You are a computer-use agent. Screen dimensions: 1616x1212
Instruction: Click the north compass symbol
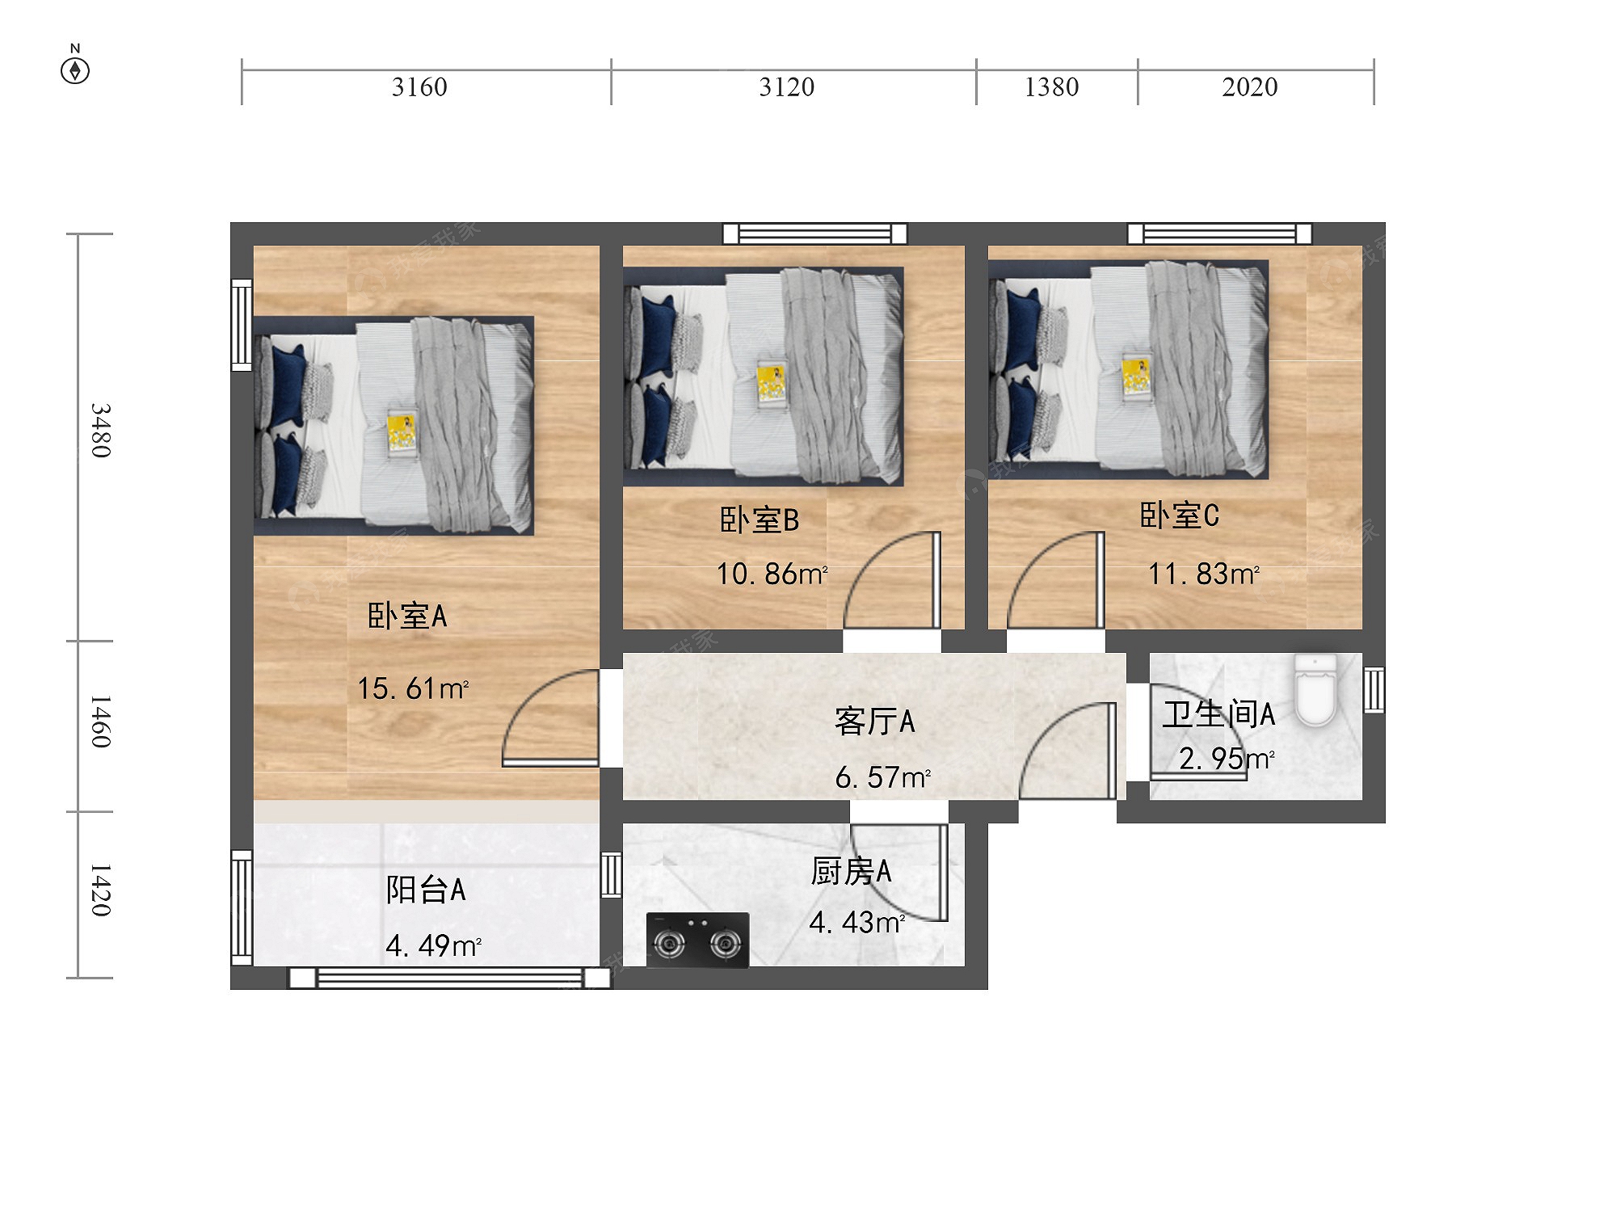point(75,65)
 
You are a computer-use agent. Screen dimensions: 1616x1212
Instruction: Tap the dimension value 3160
point(419,87)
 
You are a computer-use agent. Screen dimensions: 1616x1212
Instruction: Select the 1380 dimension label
point(1051,87)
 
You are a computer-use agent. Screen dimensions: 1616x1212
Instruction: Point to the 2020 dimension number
point(1249,87)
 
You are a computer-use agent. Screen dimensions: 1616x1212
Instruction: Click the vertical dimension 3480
point(100,430)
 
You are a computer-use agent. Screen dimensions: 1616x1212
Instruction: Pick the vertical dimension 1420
point(100,890)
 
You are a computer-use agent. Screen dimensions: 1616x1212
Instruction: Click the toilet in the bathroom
point(1315,689)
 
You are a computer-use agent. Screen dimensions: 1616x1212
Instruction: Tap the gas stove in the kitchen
point(698,940)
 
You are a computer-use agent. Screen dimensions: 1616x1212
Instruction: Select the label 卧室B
point(760,520)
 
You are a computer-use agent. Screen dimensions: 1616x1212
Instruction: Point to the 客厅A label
point(875,722)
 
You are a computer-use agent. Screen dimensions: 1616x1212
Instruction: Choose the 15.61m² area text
point(413,688)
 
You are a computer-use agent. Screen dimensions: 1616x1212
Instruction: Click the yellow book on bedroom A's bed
point(402,433)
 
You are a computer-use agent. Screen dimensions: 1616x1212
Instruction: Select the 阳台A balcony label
point(426,890)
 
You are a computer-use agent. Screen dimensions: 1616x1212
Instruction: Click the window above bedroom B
point(815,234)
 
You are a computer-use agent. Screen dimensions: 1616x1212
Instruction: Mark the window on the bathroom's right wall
point(1374,689)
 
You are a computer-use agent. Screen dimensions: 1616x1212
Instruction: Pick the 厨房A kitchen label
point(852,872)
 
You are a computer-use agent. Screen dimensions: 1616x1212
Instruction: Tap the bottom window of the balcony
point(450,978)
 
